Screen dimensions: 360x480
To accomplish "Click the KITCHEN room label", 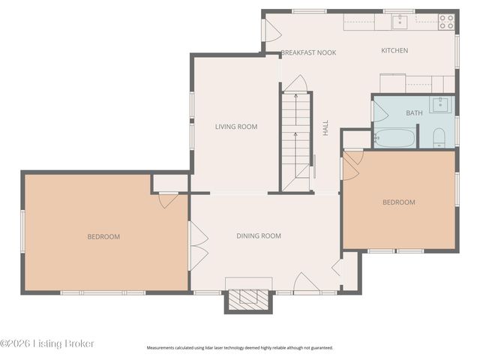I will pyautogui.click(x=394, y=51).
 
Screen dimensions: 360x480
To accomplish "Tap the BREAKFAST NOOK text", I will pyautogui.click(x=308, y=52).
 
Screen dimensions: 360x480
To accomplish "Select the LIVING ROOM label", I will pyautogui.click(x=236, y=127).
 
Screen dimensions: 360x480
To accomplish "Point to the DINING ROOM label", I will pyautogui.click(x=259, y=236).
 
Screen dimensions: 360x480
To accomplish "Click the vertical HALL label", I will pyautogui.click(x=326, y=128).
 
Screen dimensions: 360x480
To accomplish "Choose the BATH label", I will pyautogui.click(x=414, y=113).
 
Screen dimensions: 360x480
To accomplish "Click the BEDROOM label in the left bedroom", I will pyautogui.click(x=103, y=237).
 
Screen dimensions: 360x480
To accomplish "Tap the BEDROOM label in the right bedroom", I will pyautogui.click(x=398, y=202).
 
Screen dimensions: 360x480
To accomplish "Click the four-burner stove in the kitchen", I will pyautogui.click(x=446, y=22).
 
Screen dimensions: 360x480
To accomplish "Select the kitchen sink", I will pyautogui.click(x=399, y=22).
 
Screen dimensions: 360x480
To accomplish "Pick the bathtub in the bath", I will pyautogui.click(x=394, y=138).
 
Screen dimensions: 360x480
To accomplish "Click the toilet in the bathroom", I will pyautogui.click(x=439, y=136).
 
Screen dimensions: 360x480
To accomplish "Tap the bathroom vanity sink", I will pyautogui.click(x=441, y=104).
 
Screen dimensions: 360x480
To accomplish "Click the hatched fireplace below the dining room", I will pyautogui.click(x=248, y=298).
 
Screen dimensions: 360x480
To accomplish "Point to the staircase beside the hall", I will pyautogui.click(x=296, y=139).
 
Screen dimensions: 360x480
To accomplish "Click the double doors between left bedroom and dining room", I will pyautogui.click(x=198, y=246).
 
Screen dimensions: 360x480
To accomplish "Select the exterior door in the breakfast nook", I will pyautogui.click(x=271, y=29).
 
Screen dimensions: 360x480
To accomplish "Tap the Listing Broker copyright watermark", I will pyautogui.click(x=47, y=343).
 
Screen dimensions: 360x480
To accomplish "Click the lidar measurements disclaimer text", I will pyautogui.click(x=240, y=348).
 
